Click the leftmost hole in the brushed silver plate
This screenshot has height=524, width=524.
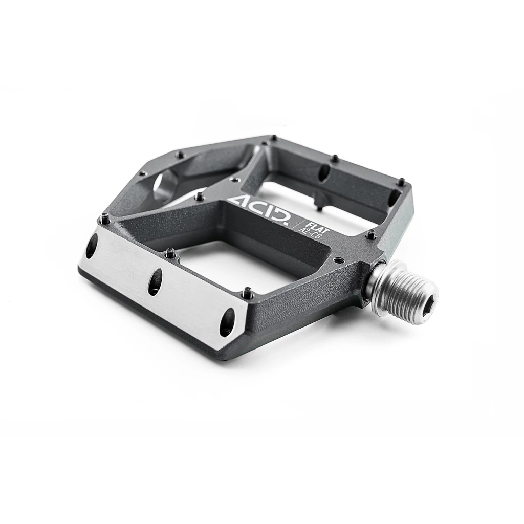coord(92,246)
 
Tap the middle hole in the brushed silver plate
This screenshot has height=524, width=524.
coord(155,282)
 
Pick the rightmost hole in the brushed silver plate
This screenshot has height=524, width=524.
coord(227,322)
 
